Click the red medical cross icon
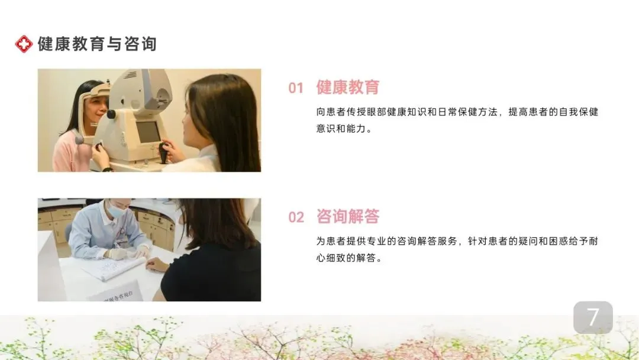click(24, 44)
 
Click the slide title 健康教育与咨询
click(97, 44)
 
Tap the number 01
click(296, 88)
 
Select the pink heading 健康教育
click(348, 87)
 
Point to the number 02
click(296, 217)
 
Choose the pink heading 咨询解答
click(348, 217)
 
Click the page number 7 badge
click(593, 317)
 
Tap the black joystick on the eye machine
click(163, 152)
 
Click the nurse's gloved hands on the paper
click(127, 253)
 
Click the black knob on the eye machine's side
click(111, 114)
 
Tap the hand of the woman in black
click(157, 265)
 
